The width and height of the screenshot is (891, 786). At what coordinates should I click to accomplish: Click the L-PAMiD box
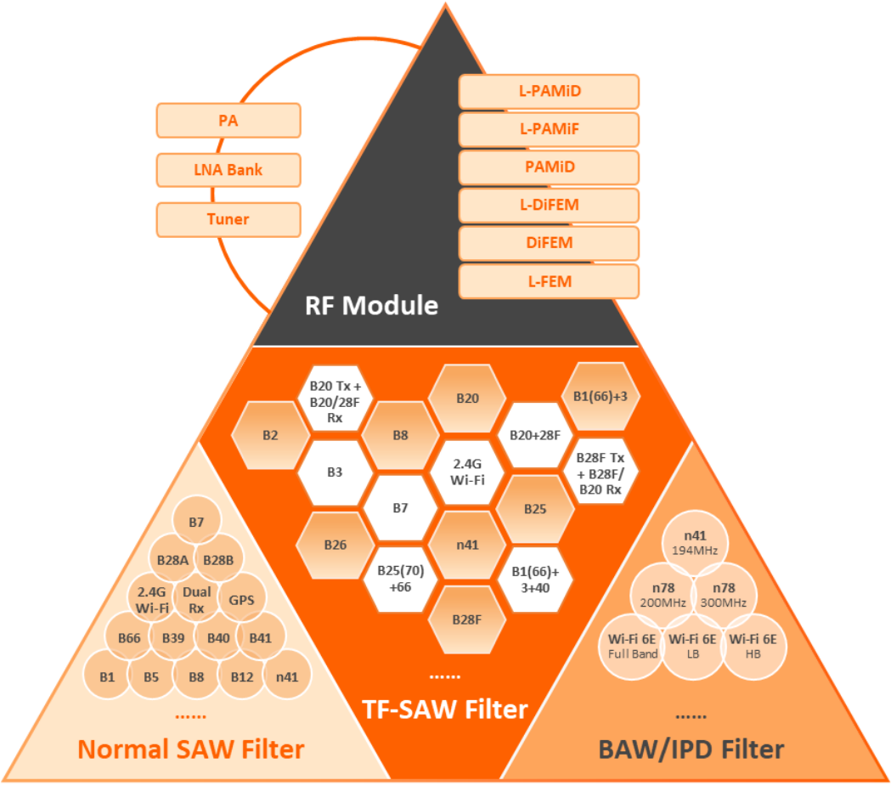(x=549, y=92)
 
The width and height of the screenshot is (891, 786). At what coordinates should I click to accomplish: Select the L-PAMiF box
(x=549, y=129)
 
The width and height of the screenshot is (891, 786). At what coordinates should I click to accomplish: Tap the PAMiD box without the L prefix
(x=549, y=167)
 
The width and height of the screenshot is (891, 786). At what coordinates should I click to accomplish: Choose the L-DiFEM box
(x=549, y=205)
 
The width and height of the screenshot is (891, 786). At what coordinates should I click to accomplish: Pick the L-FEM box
(x=549, y=280)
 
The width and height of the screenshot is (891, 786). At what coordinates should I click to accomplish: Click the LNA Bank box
(x=228, y=170)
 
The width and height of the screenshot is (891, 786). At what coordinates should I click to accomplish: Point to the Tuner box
(x=228, y=219)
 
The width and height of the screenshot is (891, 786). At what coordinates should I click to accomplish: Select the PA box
(x=228, y=121)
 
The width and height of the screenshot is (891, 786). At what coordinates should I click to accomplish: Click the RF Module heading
(x=371, y=305)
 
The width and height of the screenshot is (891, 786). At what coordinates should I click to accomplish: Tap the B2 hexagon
(x=270, y=435)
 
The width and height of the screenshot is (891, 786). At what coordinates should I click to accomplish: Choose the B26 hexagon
(x=335, y=545)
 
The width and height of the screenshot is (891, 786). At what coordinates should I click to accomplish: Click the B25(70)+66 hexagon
(x=400, y=574)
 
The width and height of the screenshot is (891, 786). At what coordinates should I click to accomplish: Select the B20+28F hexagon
(x=534, y=435)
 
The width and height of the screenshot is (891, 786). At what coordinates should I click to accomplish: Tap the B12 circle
(x=242, y=677)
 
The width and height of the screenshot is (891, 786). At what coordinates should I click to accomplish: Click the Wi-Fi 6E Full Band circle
(x=634, y=646)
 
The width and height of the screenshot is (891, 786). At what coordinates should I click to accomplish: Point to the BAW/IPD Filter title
(x=691, y=749)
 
